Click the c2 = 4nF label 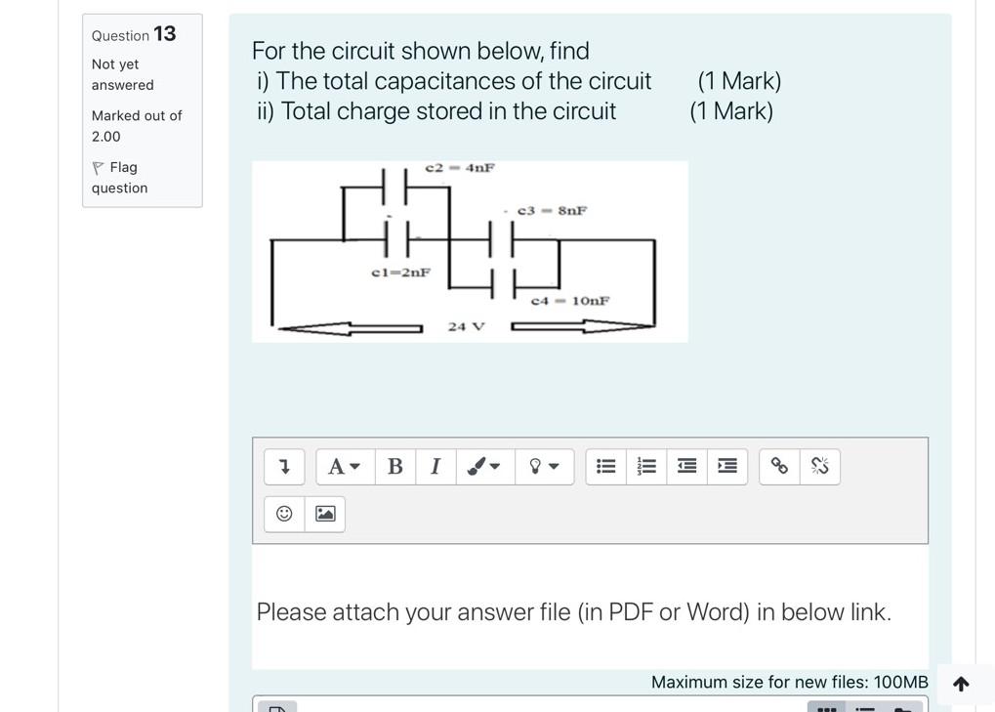(x=460, y=168)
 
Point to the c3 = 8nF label (x=552, y=211)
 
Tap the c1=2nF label (x=401, y=272)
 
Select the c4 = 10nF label (x=570, y=301)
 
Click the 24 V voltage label (x=467, y=327)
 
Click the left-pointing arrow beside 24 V (x=351, y=328)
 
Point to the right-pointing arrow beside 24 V (x=583, y=326)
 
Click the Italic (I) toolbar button (x=435, y=467)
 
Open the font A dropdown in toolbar (x=345, y=467)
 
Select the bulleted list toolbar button (x=606, y=467)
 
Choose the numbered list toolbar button (x=646, y=467)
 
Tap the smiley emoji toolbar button (x=284, y=514)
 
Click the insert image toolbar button (x=325, y=514)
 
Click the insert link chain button (x=779, y=467)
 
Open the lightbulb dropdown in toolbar (x=544, y=467)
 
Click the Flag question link (x=120, y=178)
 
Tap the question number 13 (x=165, y=33)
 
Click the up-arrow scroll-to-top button (x=962, y=684)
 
